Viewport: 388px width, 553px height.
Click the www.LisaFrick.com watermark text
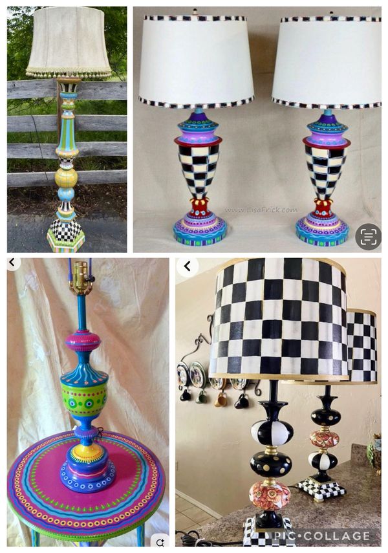(261, 210)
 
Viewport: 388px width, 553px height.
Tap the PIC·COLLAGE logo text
(321, 536)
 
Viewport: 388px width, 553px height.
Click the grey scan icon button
(368, 237)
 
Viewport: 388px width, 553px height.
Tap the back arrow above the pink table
(12, 263)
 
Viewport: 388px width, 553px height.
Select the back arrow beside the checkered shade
(188, 266)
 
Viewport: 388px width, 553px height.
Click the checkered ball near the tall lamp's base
(65, 230)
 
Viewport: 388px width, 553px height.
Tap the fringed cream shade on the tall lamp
(68, 43)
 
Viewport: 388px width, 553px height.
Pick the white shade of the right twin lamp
(327, 61)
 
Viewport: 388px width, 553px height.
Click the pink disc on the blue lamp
(83, 340)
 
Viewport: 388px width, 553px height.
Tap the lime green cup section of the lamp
(84, 398)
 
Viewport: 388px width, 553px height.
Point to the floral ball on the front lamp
(270, 497)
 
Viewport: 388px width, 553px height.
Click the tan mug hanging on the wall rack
(220, 399)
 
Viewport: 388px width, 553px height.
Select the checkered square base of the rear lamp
(321, 488)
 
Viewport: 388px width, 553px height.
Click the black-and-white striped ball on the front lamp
(272, 433)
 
